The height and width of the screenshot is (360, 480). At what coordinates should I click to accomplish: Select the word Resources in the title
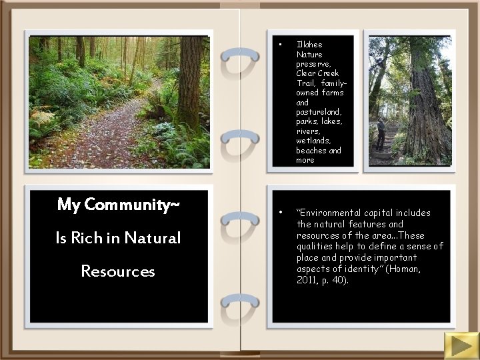(118, 271)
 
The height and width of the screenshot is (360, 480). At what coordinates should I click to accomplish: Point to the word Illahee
(310, 45)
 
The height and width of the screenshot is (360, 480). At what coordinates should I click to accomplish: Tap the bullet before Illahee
(282, 45)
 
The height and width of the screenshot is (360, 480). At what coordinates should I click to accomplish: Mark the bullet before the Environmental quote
(282, 213)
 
